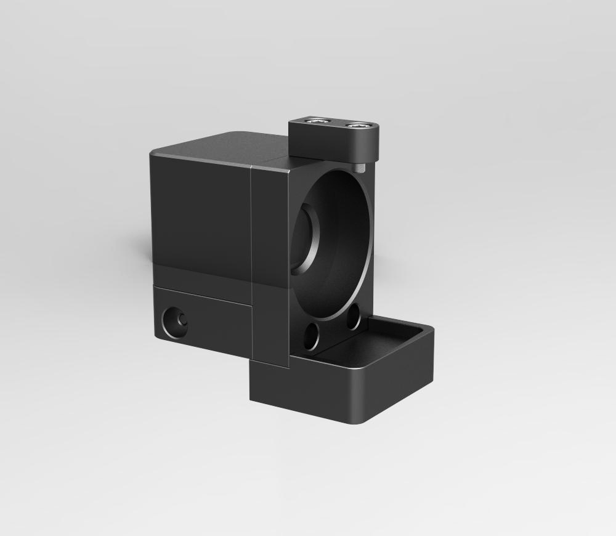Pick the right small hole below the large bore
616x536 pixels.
[353, 320]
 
